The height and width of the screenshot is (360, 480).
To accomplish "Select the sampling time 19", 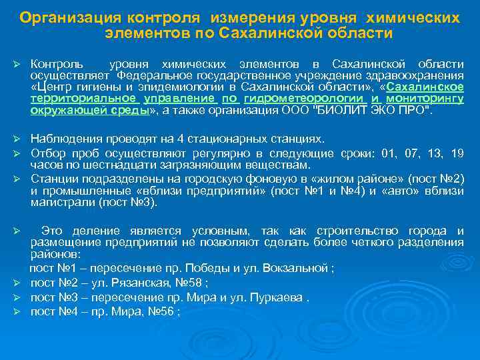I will (457, 153).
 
